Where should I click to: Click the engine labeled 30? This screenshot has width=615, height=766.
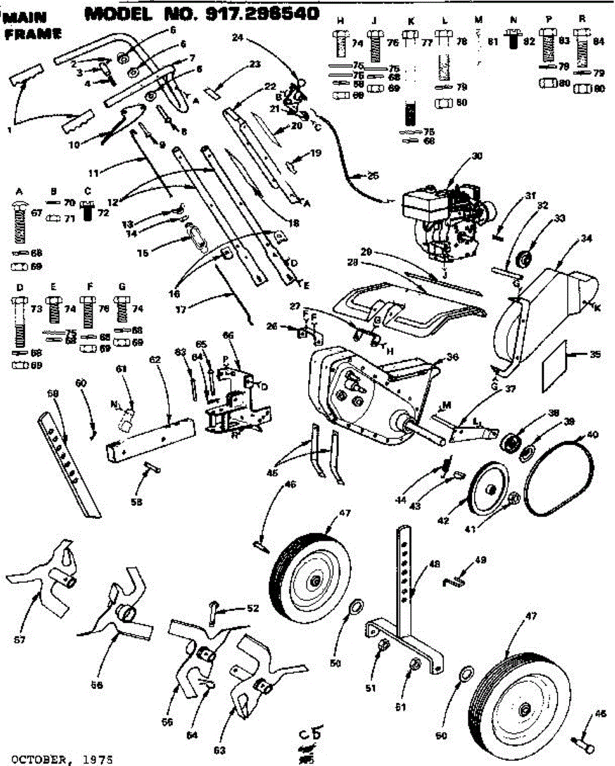(x=447, y=220)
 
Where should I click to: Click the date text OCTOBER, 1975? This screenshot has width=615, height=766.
(x=58, y=759)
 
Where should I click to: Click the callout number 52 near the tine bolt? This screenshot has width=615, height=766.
(x=253, y=608)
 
